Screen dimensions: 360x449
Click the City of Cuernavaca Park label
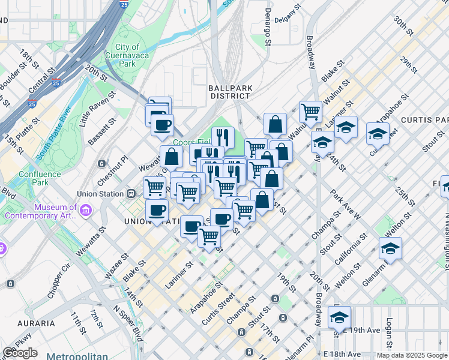point(127,55)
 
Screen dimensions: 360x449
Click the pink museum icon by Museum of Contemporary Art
point(85,211)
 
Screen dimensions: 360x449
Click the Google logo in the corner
point(20,352)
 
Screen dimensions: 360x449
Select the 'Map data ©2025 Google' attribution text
point(412,355)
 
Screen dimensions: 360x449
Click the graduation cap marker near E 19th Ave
point(339,317)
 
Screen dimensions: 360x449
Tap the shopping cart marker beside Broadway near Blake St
point(310,111)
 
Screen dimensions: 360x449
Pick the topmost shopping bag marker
point(274,124)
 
